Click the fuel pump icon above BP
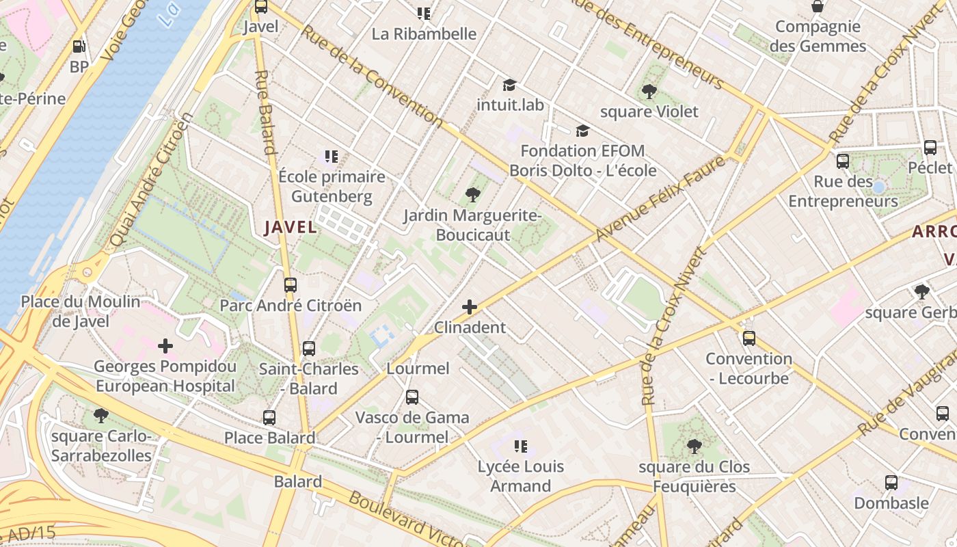pos(79,46)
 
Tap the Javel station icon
pos(260,7)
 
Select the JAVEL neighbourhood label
pos(291,227)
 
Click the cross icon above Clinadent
pos(470,307)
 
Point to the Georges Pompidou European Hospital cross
pos(165,346)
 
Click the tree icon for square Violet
pos(649,91)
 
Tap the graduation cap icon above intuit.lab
pos(509,85)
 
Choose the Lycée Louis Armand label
pos(520,476)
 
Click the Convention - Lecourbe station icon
pos(749,338)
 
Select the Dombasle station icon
pos(891,482)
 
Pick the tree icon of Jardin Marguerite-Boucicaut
pos(472,195)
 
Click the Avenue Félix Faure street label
pos(660,198)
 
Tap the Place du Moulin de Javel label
pos(80,311)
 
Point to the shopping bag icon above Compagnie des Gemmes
pos(817,7)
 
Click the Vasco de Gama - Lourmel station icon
pos(412,397)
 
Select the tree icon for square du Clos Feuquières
pos(694,446)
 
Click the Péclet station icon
pos(930,147)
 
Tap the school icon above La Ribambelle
pos(424,13)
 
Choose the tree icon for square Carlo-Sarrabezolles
pos(100,415)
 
